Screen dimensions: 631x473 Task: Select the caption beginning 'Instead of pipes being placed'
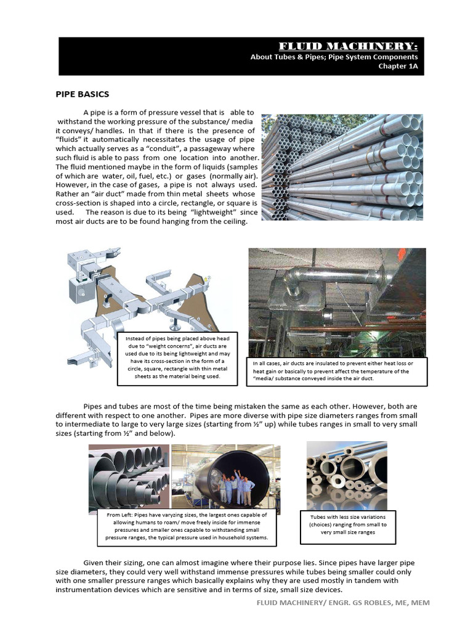177,357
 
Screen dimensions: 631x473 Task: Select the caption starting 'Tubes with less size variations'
348,524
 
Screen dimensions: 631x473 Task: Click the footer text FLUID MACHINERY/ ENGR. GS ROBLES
343,602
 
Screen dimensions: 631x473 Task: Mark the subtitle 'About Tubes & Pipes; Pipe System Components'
334,57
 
